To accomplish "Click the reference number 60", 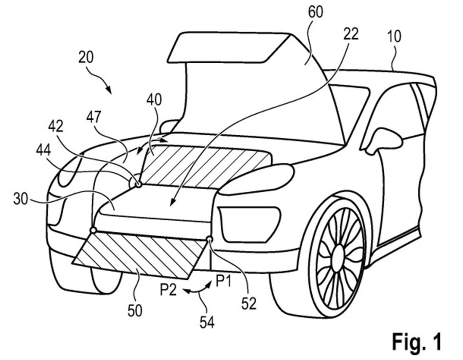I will pyautogui.click(x=316, y=12).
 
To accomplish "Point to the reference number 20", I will pyautogui.click(x=86, y=57).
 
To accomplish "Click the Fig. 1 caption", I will pyautogui.click(x=417, y=340).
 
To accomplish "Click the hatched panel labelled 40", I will pyautogui.click(x=206, y=165).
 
